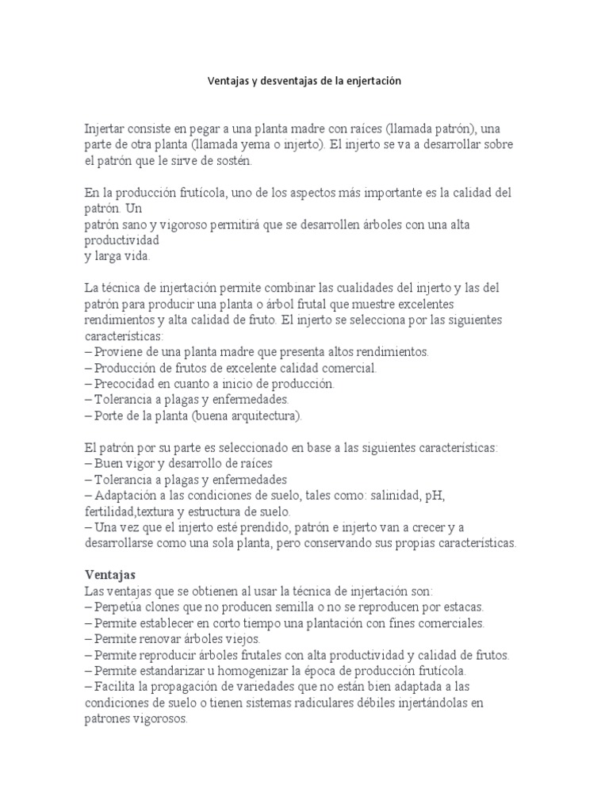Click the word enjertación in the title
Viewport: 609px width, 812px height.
(x=373, y=81)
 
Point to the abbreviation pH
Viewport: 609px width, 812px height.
(x=436, y=495)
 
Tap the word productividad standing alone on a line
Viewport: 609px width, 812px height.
(x=121, y=239)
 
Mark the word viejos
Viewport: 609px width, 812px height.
(x=242, y=638)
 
